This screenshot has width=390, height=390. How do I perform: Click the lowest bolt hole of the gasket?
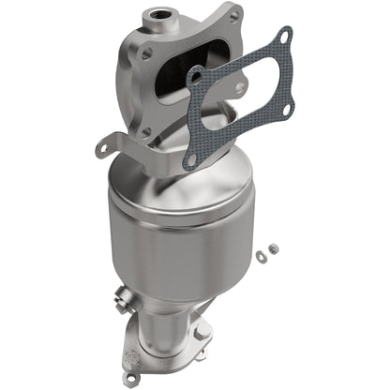click(192, 160)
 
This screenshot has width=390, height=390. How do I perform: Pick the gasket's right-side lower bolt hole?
click(286, 112)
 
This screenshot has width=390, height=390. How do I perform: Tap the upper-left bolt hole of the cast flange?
click(144, 54)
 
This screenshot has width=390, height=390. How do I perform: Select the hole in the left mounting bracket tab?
click(102, 145)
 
